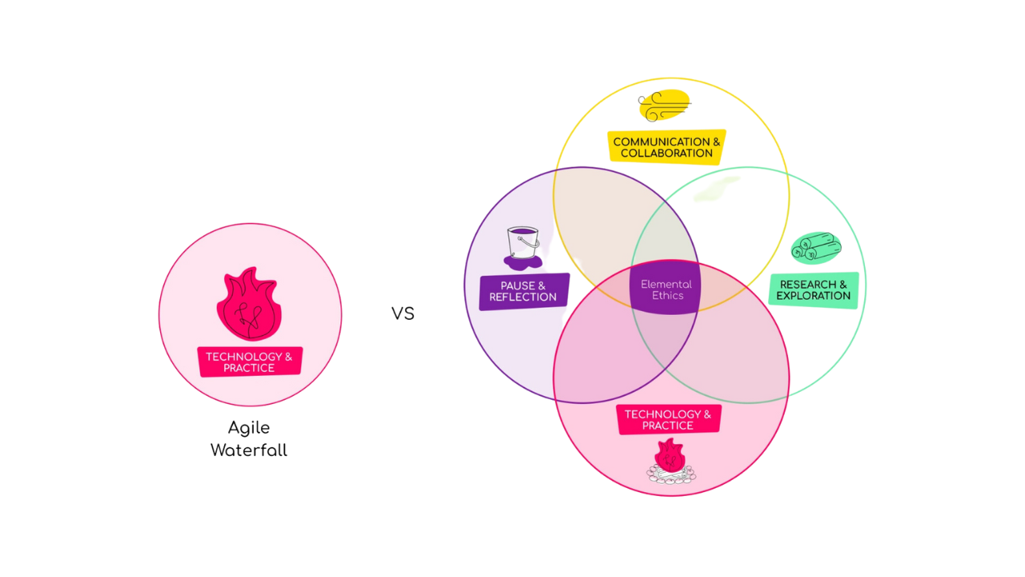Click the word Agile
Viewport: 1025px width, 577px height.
[248, 428]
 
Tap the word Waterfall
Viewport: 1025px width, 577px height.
[248, 450]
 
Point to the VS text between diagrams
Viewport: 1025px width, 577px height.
[403, 313]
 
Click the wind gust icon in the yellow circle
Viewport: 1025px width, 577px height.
[664, 107]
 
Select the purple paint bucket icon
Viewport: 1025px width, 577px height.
[524, 246]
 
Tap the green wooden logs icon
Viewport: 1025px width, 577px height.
[815, 247]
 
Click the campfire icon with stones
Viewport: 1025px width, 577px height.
[670, 463]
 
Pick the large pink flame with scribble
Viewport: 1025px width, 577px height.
[248, 305]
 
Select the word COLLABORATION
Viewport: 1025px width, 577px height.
[667, 153]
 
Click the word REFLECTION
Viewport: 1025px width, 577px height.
[523, 297]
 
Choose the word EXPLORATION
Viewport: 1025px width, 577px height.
[813, 296]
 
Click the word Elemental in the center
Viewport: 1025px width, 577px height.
[666, 284]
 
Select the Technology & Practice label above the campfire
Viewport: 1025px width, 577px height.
[668, 420]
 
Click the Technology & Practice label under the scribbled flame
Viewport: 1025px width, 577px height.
[250, 362]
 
